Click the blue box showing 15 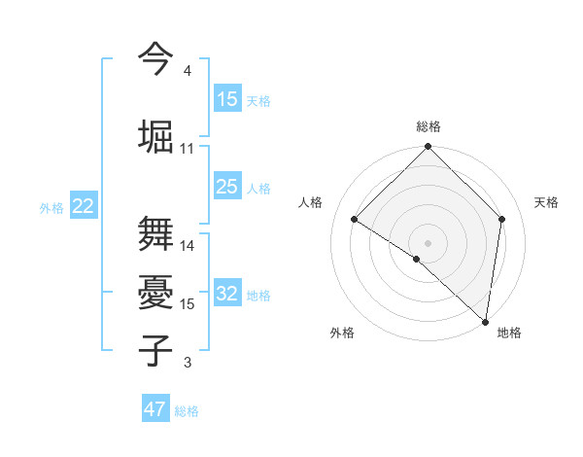227,99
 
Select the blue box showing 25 227,187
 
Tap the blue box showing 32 227,294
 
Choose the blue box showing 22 84,206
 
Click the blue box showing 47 155,409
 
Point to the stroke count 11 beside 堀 188,149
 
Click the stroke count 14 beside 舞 188,246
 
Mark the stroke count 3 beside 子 188,363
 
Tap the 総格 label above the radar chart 429,126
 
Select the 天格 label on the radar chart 546,202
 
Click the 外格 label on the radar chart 342,333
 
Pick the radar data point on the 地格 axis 486,322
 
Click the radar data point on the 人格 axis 355,219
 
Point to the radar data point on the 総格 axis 429,147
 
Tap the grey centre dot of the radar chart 429,242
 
